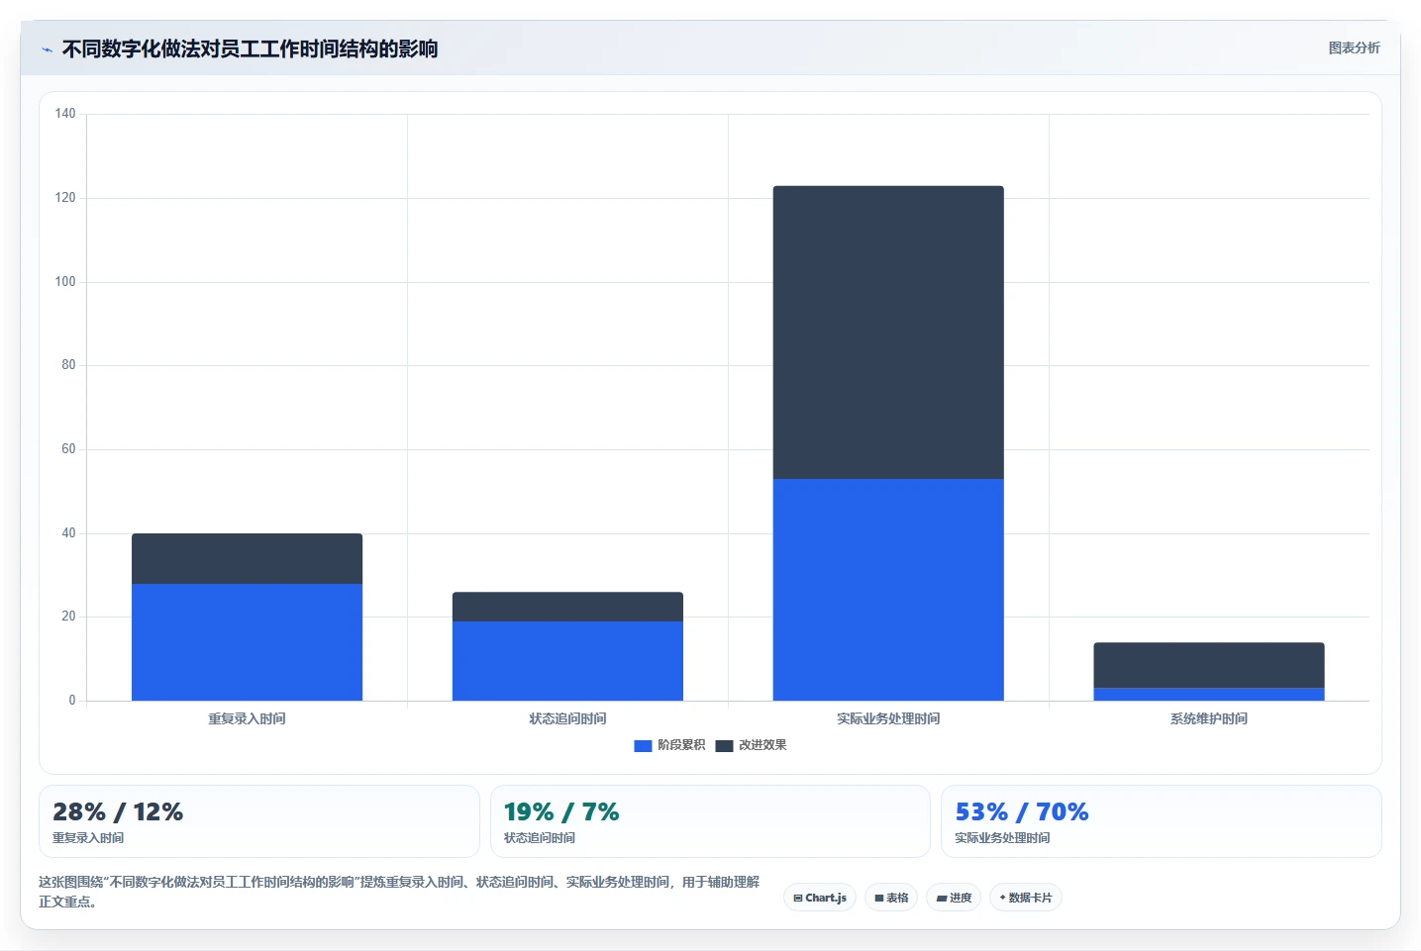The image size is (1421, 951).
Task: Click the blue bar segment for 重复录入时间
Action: tap(247, 641)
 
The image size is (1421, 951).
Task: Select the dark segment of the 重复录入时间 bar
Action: tap(247, 558)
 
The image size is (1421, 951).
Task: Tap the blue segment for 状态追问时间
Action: tap(567, 661)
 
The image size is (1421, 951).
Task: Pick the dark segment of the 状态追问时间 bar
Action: tap(567, 607)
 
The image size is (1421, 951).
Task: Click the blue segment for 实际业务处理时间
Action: tap(888, 590)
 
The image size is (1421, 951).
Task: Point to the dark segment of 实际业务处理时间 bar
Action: tap(888, 333)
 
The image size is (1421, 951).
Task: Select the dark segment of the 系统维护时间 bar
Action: tap(1209, 665)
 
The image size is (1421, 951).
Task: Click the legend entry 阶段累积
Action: tap(669, 745)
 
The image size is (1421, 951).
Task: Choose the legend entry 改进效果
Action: tap(751, 745)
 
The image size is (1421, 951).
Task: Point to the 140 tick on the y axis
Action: tap(64, 114)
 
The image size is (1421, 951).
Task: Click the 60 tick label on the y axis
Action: tap(68, 449)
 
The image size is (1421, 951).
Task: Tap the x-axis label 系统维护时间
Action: tap(1209, 718)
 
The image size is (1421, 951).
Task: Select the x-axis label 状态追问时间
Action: tap(567, 718)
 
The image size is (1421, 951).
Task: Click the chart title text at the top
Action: tap(250, 48)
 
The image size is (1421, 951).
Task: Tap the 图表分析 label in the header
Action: tap(1355, 48)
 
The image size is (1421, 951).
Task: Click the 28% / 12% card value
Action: tap(118, 811)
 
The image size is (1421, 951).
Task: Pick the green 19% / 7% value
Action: tap(561, 811)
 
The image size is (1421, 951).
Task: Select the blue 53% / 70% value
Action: tap(1022, 811)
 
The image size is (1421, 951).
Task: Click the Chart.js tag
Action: tap(820, 898)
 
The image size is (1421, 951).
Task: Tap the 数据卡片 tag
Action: tap(1025, 898)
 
